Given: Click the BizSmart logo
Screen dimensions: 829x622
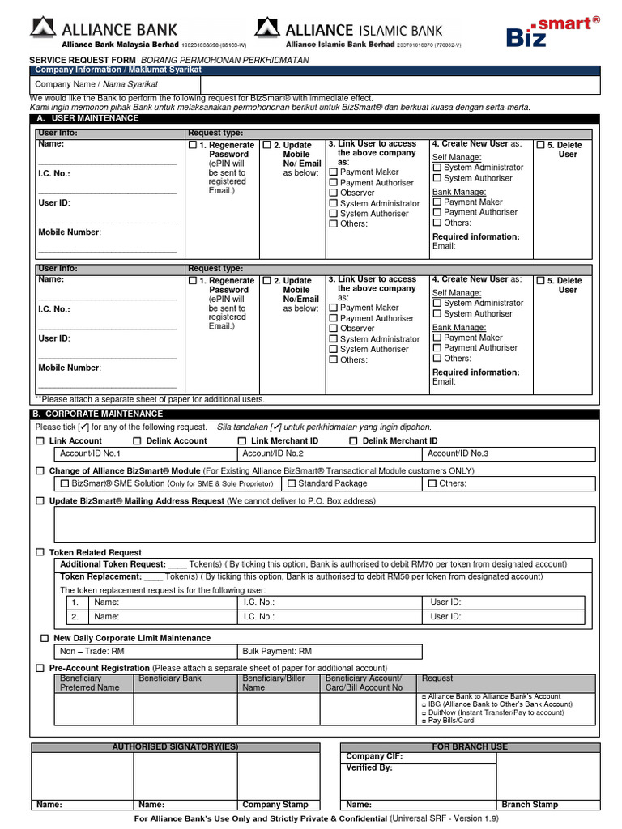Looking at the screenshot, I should click(552, 32).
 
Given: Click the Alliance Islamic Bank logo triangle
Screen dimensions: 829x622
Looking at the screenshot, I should click(267, 28).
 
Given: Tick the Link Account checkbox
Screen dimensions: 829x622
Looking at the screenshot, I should click(40, 441).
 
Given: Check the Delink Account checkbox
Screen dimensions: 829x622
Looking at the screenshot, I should click(137, 441).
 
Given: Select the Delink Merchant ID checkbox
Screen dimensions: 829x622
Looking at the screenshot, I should click(353, 441).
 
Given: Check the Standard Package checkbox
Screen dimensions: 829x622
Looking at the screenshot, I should click(292, 483).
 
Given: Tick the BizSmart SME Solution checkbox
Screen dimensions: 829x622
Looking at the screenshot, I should click(66, 483).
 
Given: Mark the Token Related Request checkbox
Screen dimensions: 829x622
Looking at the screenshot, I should click(40, 552).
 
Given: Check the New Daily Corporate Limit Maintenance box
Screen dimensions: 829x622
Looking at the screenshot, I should click(45, 639).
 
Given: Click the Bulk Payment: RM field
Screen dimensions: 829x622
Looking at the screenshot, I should click(330, 651).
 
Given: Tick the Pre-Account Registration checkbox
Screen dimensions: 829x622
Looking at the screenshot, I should click(40, 668).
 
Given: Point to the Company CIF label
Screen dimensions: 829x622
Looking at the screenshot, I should click(373, 756).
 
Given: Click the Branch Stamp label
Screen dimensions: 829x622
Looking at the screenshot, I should click(530, 805).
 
